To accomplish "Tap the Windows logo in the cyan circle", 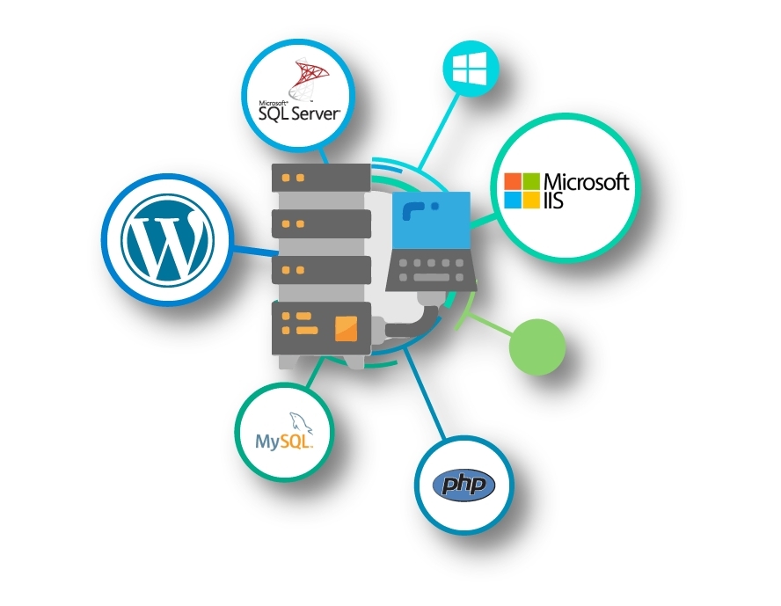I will (x=468, y=67).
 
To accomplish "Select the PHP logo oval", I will (x=464, y=485).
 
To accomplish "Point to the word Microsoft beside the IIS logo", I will (x=587, y=182).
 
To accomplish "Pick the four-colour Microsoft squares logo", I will (x=521, y=191).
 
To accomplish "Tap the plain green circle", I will (x=536, y=347).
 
